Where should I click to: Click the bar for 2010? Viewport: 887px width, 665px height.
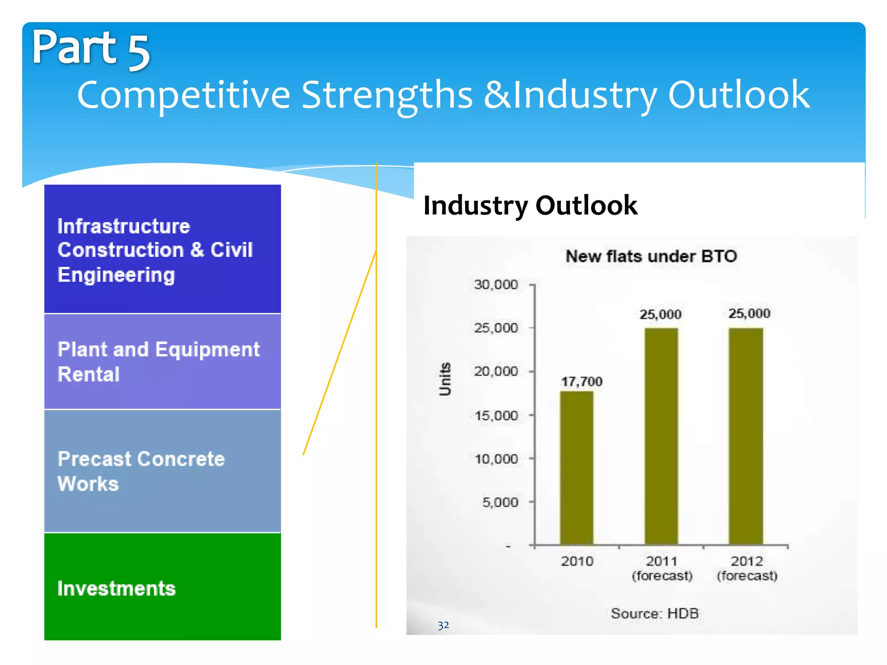[x=576, y=468]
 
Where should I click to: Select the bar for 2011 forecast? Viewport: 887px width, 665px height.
[x=661, y=436]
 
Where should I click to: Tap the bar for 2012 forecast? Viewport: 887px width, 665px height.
[x=746, y=436]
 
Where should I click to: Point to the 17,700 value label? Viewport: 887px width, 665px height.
[x=582, y=381]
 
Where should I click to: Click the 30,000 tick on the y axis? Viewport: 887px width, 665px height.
[x=496, y=284]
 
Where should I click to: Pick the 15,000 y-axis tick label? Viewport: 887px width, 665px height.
[x=496, y=416]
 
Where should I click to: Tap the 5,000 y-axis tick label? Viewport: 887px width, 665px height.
[x=500, y=502]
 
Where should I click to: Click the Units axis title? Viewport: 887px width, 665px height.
[x=445, y=379]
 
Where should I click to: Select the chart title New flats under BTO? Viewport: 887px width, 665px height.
[x=651, y=256]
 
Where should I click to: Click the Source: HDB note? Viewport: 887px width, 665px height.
[x=654, y=613]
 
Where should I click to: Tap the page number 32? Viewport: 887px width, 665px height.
[x=443, y=625]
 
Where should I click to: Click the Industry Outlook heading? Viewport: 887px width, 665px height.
[x=530, y=205]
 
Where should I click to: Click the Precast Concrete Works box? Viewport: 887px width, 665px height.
[x=162, y=471]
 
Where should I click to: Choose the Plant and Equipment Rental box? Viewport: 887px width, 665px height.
[x=162, y=362]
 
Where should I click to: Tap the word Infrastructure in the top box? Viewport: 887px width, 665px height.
[x=124, y=226]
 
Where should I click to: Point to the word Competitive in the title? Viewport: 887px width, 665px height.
[x=184, y=95]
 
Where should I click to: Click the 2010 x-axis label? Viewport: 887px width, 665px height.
[x=577, y=561]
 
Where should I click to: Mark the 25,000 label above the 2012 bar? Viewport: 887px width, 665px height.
[x=749, y=313]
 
